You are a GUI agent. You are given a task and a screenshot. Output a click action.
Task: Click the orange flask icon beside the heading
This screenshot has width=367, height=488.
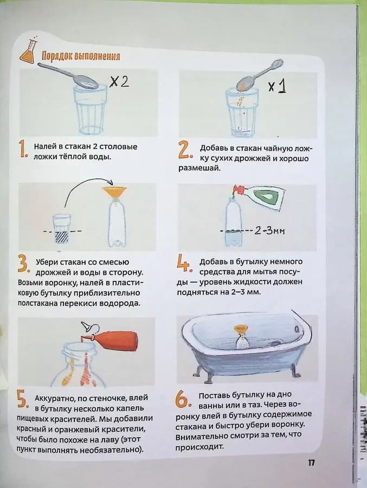point(27,53)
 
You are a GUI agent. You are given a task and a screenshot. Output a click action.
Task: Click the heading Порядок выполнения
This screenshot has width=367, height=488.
point(80,56)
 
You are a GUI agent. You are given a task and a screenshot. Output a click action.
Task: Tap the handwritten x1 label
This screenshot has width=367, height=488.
point(277,86)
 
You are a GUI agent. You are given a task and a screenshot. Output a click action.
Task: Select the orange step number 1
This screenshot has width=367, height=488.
point(23,150)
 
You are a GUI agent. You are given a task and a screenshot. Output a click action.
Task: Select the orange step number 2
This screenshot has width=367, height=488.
point(184,150)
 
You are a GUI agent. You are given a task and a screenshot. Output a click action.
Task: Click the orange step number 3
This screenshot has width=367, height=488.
point(23,265)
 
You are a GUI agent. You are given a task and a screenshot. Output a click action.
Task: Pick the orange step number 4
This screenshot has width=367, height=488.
point(184,264)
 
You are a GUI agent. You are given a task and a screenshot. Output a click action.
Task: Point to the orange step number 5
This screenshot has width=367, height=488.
point(22,401)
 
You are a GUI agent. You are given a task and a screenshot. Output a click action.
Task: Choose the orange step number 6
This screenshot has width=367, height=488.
point(182,400)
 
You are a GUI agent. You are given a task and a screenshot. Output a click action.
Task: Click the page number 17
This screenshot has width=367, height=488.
point(311,463)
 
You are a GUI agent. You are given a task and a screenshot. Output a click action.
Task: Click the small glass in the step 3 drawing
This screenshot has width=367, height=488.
point(62,226)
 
